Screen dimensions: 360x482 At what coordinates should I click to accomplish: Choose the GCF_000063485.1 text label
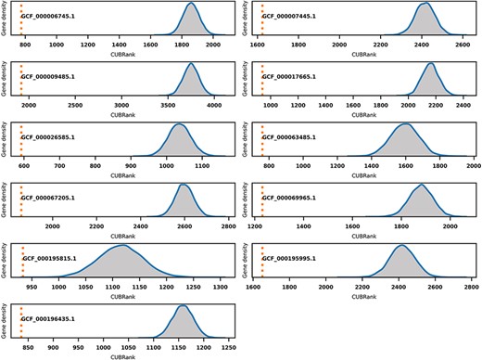click(x=290, y=136)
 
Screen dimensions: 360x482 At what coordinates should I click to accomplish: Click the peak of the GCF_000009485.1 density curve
click(x=190, y=64)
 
